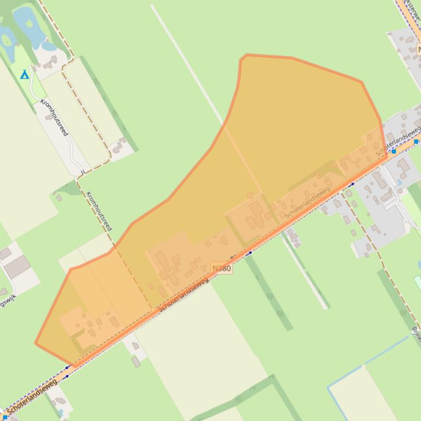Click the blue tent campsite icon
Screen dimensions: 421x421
[x=24, y=74]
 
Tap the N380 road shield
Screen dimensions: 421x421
[x=222, y=268]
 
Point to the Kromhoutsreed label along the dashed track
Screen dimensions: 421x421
[x=99, y=210]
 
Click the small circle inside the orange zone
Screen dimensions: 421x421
[x=250, y=195]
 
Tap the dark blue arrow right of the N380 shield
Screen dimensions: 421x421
[x=250, y=253]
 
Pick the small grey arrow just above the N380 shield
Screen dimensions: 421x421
[x=232, y=256]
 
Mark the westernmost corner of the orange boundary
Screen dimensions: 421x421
[x=36, y=343]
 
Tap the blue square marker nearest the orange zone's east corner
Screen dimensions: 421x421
[x=394, y=150]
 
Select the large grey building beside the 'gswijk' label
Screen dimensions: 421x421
[x=18, y=267]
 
